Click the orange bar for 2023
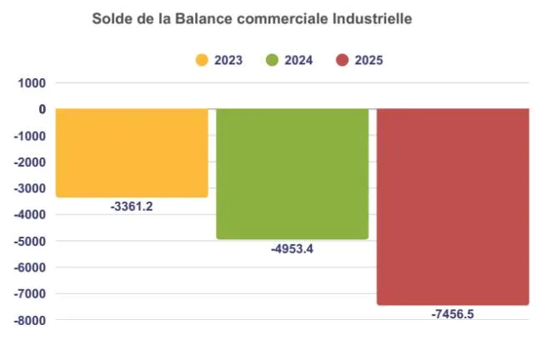pos(131,152)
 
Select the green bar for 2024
pos(292,173)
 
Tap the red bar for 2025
pos(453,207)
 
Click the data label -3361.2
pos(132,207)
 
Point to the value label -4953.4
pos(292,249)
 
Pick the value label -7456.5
pos(453,314)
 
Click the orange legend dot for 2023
pos(202,60)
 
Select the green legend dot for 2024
pos(272,60)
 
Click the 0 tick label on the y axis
pos(41,109)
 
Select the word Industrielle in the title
pos(369,17)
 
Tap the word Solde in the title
pos(112,17)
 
